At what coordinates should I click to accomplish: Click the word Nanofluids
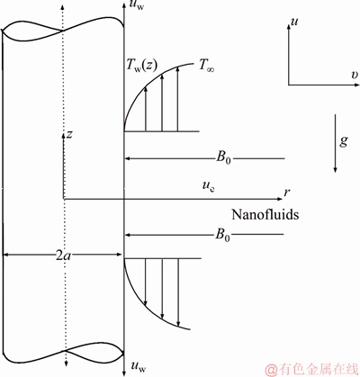click(265, 214)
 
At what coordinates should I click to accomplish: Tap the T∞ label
click(207, 67)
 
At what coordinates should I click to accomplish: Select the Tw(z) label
click(141, 66)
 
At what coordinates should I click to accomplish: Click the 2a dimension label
click(64, 256)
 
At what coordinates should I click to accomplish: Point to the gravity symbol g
click(344, 140)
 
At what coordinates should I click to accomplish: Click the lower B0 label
click(223, 235)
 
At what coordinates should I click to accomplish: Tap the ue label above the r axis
click(208, 186)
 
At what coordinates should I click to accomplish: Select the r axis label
click(287, 193)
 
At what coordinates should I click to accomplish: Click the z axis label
click(69, 134)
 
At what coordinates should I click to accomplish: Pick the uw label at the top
click(138, 6)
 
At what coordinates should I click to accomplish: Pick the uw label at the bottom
click(139, 366)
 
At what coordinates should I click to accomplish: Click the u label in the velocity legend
click(294, 22)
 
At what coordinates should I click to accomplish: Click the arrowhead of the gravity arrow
click(336, 170)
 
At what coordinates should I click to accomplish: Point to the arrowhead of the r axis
click(280, 199)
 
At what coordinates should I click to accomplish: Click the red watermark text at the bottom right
click(312, 370)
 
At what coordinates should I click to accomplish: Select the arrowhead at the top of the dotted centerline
click(62, 6)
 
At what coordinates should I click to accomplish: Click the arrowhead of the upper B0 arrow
click(128, 158)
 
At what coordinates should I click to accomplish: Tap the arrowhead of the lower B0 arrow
click(128, 235)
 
